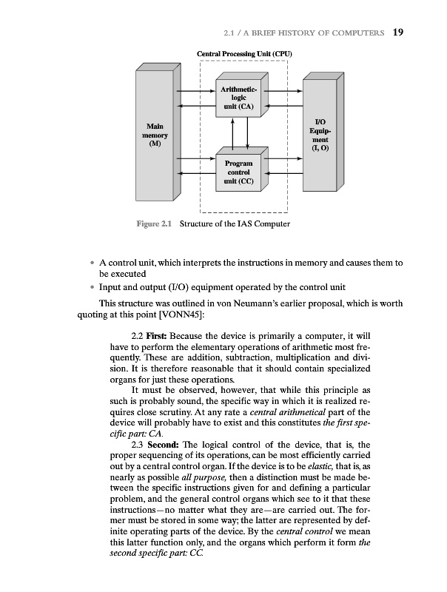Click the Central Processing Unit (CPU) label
244,54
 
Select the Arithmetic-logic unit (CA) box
238,97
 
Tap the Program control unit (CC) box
238,172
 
